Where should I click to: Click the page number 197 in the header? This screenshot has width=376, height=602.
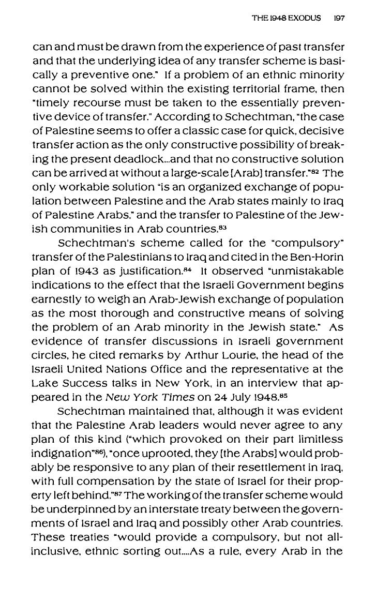pos(339,18)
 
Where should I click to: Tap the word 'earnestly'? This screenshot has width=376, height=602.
pos(54,299)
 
